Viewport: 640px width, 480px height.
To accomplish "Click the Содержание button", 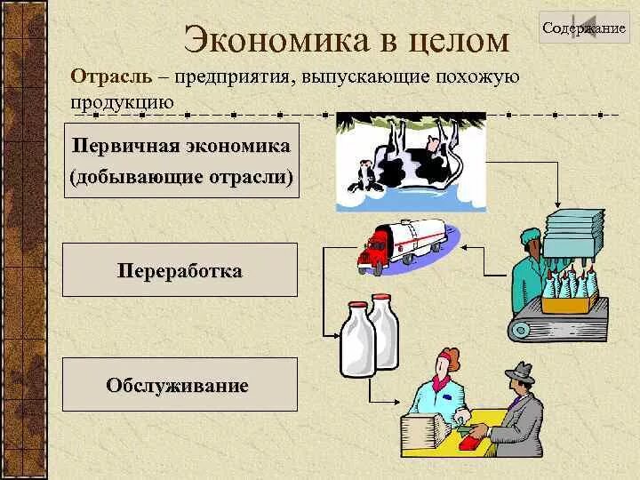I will (x=584, y=28).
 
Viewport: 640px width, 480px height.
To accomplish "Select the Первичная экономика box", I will (x=180, y=161).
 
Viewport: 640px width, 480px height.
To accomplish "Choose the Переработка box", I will (x=180, y=269).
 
